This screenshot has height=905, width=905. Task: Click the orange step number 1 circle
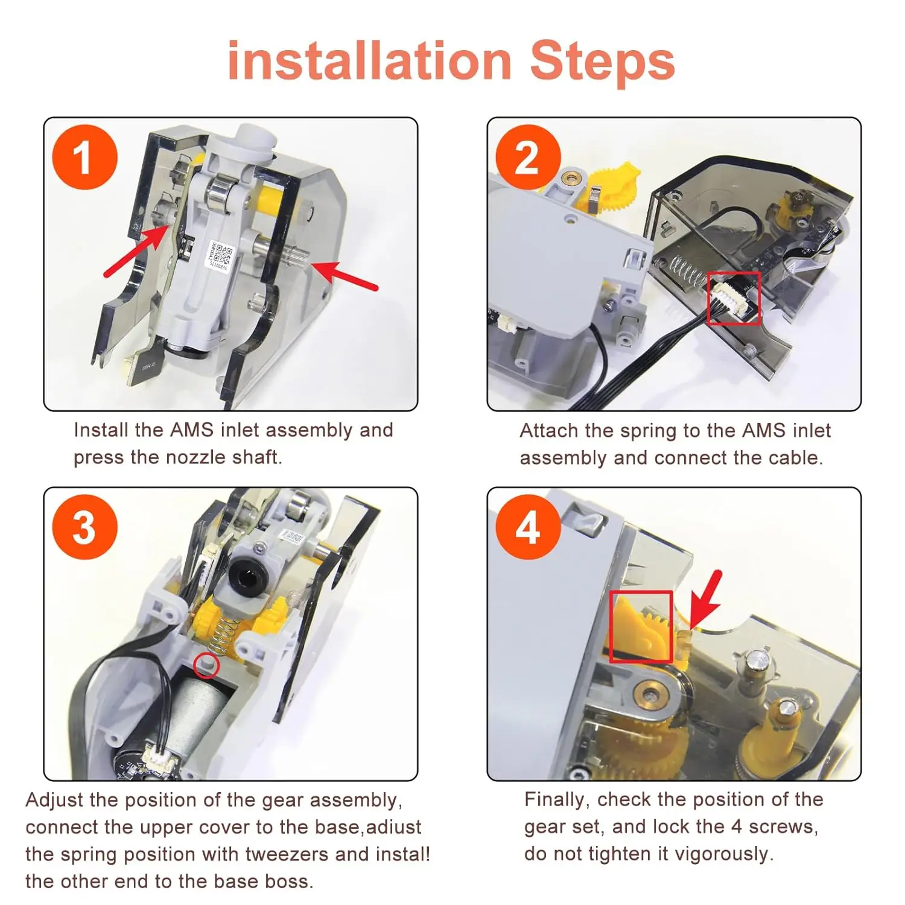coord(85,157)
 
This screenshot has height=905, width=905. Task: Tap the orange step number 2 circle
coord(528,157)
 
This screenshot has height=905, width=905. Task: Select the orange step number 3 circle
coord(85,527)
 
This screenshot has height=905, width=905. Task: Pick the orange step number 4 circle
coord(528,527)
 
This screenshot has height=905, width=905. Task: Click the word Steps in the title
coord(602,61)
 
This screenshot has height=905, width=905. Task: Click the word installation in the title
coord(370,61)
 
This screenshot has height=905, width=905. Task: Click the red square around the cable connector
coord(733,298)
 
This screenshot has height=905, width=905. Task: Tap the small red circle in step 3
coord(206,665)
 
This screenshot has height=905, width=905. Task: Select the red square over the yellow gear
coord(641,627)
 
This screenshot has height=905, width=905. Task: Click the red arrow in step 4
coord(703,600)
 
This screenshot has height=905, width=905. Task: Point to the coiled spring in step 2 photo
coord(685,273)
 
